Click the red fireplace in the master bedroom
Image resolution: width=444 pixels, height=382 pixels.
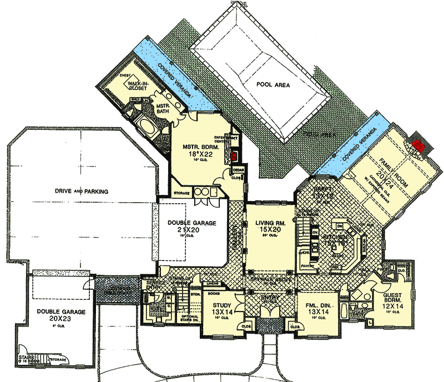tap(234, 157)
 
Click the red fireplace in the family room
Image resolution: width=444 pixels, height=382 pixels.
tap(419, 146)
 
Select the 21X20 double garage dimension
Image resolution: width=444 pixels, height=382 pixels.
tap(191, 230)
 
